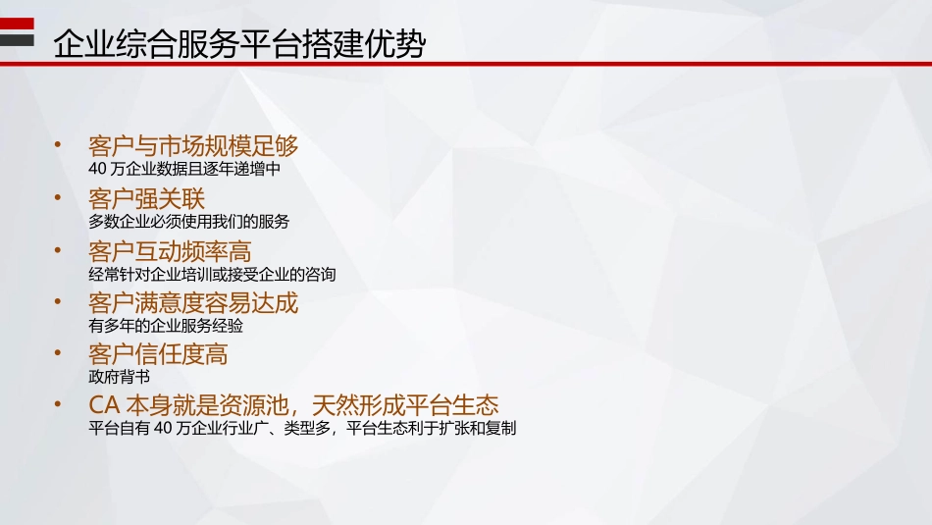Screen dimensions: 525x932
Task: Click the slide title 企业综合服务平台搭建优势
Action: (239, 44)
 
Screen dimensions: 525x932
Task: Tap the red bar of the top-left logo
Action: (17, 24)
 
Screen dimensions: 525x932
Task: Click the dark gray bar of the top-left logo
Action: (17, 39)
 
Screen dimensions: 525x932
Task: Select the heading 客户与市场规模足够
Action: (193, 146)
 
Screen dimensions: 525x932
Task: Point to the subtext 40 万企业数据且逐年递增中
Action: (184, 169)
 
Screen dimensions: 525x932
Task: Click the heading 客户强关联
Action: (146, 199)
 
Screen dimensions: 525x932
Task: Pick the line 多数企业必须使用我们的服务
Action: (189, 222)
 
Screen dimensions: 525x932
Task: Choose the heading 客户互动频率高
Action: (170, 251)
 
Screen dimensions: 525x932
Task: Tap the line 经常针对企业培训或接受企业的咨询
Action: (212, 274)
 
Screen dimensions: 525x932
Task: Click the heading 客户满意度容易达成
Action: (193, 303)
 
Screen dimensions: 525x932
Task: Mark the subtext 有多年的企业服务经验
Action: (166, 326)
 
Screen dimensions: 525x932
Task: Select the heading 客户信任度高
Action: (158, 353)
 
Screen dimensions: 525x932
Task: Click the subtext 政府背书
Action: (119, 377)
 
